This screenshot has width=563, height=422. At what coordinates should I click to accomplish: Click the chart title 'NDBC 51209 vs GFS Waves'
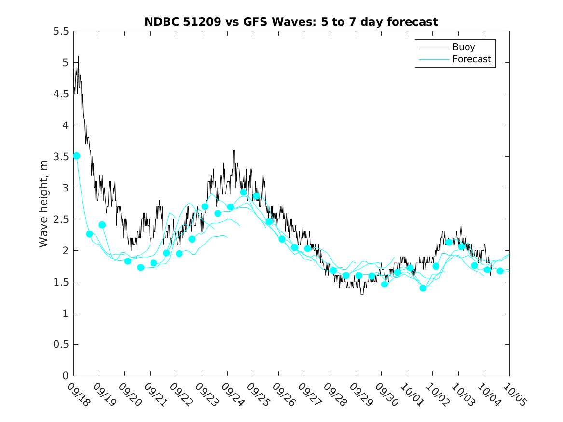coord(291,22)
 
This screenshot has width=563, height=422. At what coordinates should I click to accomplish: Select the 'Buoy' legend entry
coord(464,47)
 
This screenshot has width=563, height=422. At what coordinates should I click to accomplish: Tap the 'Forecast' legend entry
coord(471,59)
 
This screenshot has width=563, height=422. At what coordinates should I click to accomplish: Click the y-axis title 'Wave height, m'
coord(44,203)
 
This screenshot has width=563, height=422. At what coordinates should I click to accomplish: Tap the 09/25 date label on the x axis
coord(256,394)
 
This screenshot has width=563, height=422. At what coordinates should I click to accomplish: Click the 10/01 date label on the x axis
coord(410,394)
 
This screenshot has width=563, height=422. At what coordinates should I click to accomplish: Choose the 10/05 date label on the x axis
coord(512,394)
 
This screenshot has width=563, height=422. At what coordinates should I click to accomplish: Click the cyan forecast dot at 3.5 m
coord(77,156)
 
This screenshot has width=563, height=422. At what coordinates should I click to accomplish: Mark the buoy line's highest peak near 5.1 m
coord(79,56)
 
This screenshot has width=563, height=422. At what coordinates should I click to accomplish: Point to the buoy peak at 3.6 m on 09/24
coord(234,150)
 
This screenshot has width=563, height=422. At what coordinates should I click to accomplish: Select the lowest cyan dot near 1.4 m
coord(423,288)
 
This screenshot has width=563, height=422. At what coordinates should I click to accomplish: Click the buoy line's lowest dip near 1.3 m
coord(362,293)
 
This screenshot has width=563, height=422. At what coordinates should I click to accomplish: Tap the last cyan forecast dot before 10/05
coord(500,271)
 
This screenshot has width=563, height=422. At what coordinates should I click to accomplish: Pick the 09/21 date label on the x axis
coord(153,394)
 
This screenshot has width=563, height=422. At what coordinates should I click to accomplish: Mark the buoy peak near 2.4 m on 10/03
coord(461,226)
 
